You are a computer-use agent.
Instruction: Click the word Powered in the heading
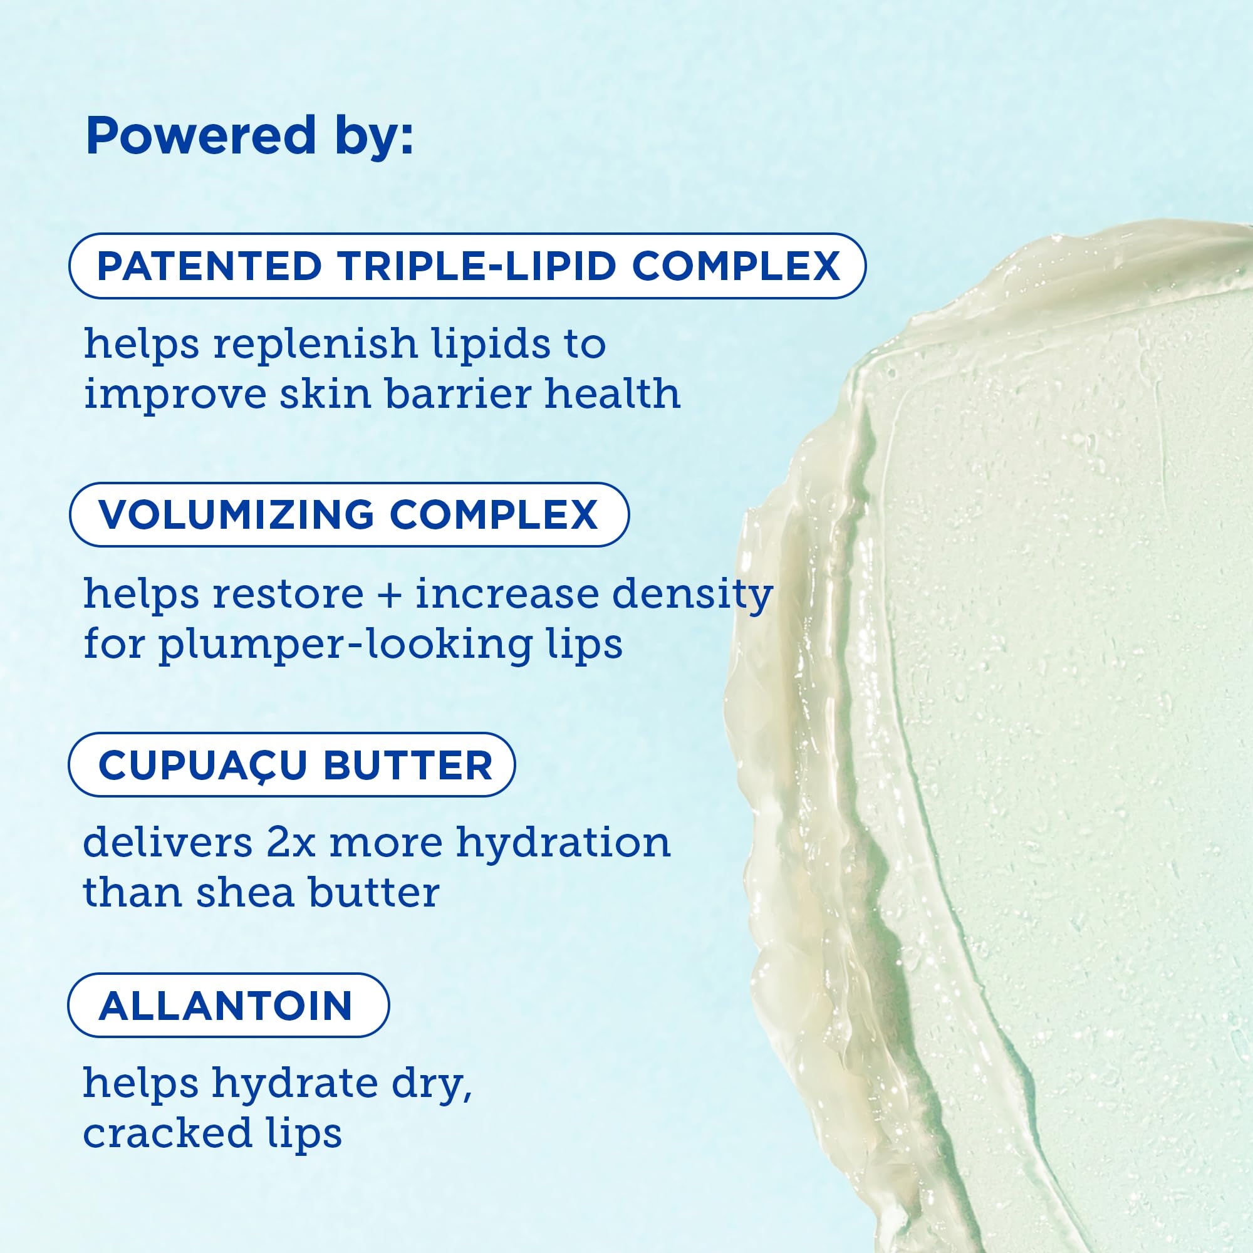click(200, 136)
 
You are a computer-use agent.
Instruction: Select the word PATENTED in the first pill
click(209, 266)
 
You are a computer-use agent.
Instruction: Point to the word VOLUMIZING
click(236, 515)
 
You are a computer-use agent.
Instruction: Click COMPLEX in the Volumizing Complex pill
click(493, 515)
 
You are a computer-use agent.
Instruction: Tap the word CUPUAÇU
click(202, 766)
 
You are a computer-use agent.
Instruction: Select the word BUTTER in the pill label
click(408, 766)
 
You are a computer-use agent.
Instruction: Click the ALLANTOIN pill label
click(226, 1006)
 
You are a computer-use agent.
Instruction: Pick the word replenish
click(315, 344)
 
